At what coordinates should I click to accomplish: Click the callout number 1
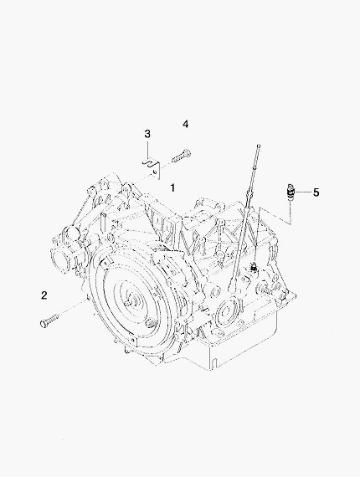(x=172, y=187)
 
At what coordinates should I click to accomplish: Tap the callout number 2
(x=44, y=295)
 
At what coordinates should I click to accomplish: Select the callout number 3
(x=147, y=134)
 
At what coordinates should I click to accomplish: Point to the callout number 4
(x=186, y=124)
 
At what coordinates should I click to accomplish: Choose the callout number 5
(x=316, y=192)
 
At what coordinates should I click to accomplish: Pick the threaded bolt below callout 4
(x=182, y=156)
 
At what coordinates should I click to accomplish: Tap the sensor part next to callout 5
(x=290, y=192)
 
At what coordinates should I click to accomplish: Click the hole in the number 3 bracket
(x=155, y=173)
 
